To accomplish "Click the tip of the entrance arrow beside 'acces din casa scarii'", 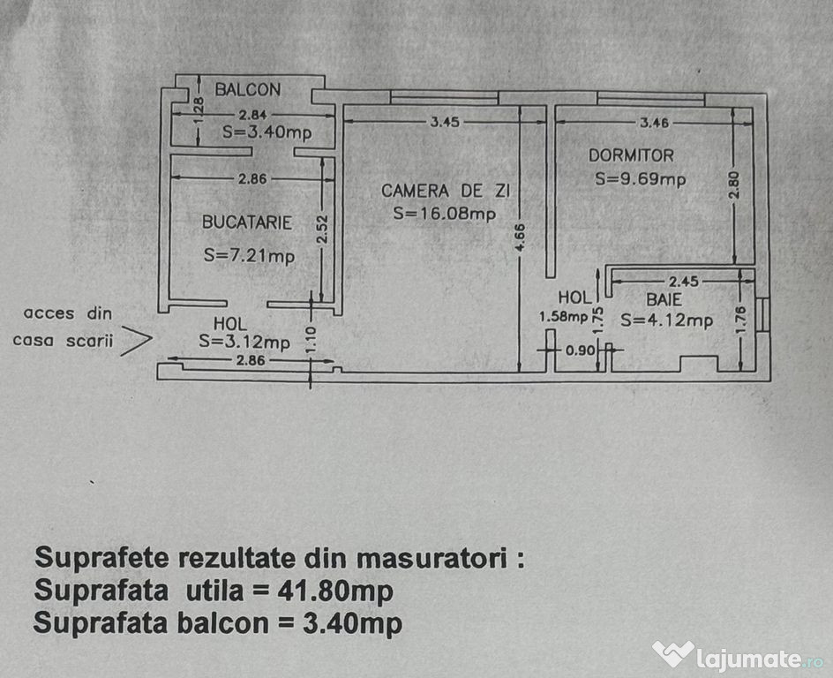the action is click(x=153, y=338).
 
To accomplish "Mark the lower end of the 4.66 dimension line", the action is click(x=520, y=372).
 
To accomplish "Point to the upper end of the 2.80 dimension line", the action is click(x=734, y=108).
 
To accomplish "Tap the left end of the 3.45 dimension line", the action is click(x=344, y=122).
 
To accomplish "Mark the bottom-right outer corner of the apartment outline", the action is click(x=770, y=381).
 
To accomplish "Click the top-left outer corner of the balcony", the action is click(x=176, y=75).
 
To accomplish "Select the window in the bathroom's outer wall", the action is click(x=762, y=314).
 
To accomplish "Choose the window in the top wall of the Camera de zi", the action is click(x=444, y=98).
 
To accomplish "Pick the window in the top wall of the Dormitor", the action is click(x=651, y=99).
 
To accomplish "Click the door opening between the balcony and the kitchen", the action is click(x=273, y=152).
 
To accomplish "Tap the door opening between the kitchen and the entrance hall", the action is click(x=247, y=304).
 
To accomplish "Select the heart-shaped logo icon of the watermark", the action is click(x=673, y=654).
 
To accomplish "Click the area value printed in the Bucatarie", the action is click(x=249, y=256).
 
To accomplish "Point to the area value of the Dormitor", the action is click(x=640, y=179).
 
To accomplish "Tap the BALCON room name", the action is click(x=248, y=89).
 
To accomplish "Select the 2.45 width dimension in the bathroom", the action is click(x=683, y=281).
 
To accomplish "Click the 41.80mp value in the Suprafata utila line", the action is click(x=335, y=591).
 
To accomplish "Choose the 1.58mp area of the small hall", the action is click(x=563, y=317).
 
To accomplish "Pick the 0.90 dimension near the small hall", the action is click(x=580, y=350).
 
